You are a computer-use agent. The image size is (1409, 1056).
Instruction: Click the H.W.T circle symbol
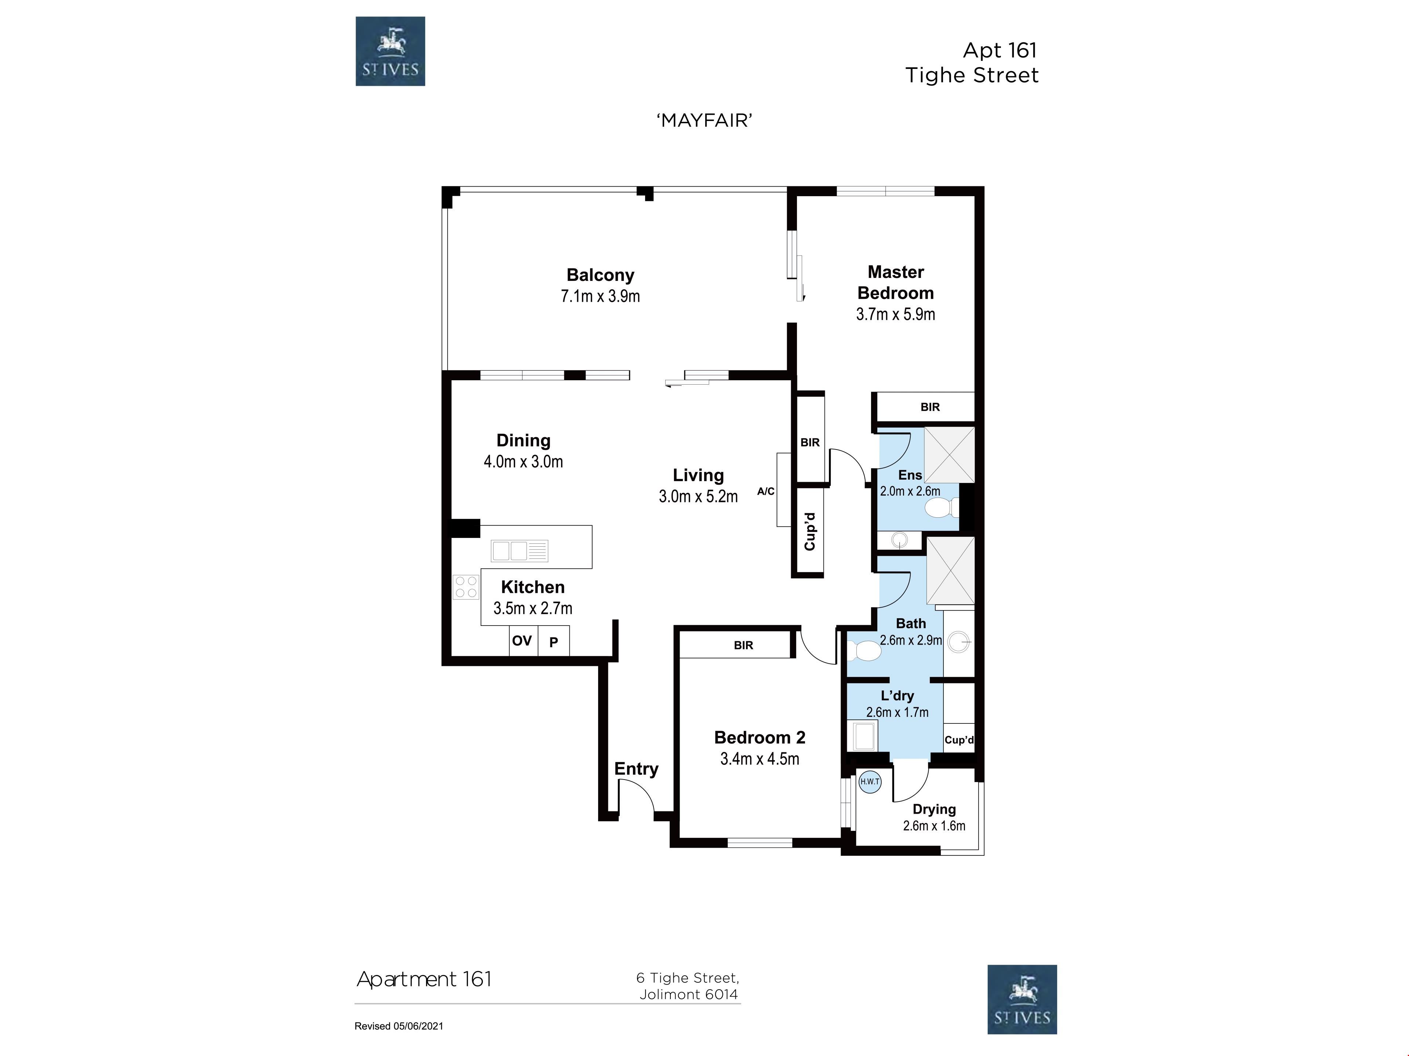coord(870,782)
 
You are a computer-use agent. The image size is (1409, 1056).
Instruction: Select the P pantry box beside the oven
coord(554,641)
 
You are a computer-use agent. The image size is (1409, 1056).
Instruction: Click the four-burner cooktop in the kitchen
coord(466,587)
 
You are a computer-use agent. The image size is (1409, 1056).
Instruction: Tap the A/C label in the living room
coord(766,491)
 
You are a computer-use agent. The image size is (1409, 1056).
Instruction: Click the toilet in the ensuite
coord(940,508)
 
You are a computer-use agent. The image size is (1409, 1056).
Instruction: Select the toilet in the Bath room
coord(864,650)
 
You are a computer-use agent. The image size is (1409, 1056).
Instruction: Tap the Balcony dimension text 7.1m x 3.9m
coord(600,296)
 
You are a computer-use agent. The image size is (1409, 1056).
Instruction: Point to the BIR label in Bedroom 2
coord(743,645)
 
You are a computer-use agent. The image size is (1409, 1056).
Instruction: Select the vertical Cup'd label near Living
coord(809,532)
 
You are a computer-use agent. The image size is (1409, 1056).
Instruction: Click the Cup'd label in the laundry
coord(959,740)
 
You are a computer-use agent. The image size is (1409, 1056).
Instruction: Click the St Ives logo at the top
coord(390,51)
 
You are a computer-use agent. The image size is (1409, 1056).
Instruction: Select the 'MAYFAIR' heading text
coord(704,120)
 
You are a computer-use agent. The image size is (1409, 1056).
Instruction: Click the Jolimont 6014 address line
coord(689,994)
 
